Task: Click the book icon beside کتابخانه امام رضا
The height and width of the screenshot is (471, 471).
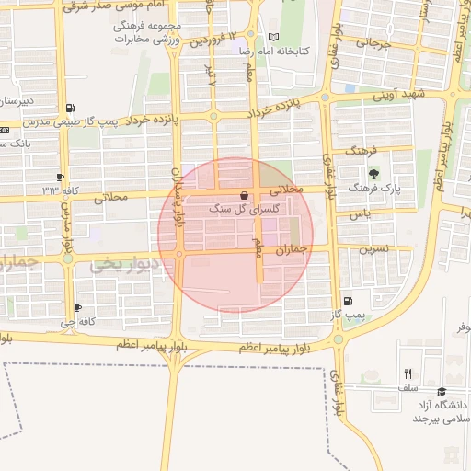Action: (x=272, y=37)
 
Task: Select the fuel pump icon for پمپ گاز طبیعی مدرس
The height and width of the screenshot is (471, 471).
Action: (x=72, y=108)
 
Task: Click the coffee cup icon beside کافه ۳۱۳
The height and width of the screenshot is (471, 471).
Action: (x=61, y=177)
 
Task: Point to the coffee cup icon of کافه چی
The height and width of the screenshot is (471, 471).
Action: (x=76, y=307)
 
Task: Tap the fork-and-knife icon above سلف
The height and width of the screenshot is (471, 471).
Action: (x=408, y=373)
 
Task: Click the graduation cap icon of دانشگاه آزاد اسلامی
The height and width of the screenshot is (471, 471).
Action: (x=442, y=392)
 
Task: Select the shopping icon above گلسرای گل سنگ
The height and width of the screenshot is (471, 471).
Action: (x=243, y=195)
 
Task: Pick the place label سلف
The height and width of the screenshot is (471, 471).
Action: (x=408, y=388)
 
